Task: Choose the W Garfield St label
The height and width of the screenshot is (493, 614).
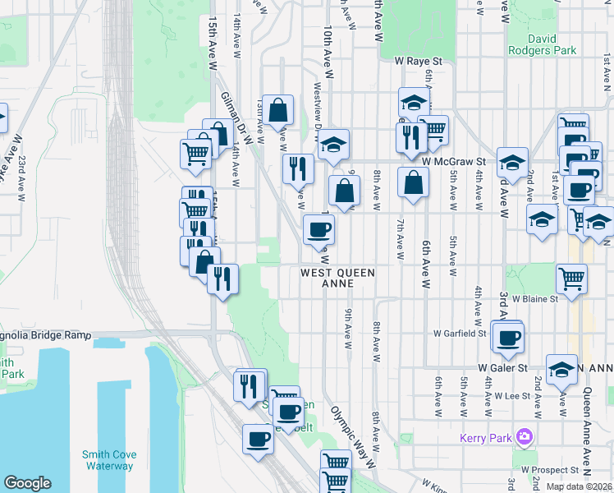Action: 460,334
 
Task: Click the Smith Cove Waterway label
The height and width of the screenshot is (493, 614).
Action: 108,460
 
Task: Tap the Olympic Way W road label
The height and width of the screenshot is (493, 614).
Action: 351,435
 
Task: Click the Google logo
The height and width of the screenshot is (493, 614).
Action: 28,483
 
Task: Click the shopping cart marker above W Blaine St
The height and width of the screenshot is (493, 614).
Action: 571,278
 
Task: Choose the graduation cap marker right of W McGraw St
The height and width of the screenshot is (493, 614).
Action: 512,163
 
